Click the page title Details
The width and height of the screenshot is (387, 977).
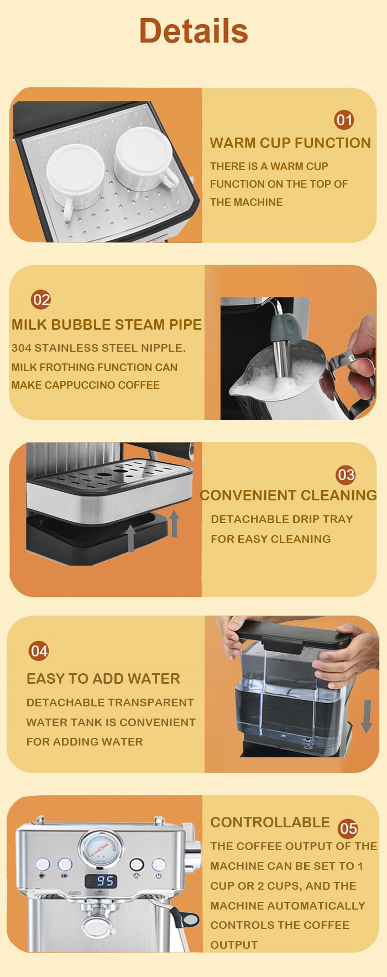[x=193, y=31]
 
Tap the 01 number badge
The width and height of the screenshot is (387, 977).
[x=344, y=120]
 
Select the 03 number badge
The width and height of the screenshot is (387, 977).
[x=346, y=474]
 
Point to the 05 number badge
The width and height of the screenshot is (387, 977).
[x=348, y=828]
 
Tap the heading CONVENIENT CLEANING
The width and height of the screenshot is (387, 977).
[x=288, y=495]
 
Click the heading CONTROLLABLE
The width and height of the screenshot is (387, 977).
[x=270, y=822]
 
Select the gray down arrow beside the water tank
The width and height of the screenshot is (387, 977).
[x=366, y=717]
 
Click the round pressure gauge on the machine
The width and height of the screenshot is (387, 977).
[x=101, y=848]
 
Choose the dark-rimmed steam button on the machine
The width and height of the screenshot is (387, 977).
[x=137, y=865]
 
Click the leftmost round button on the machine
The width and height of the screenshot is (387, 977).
[x=43, y=864]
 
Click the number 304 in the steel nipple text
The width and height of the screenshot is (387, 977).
[x=22, y=348]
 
